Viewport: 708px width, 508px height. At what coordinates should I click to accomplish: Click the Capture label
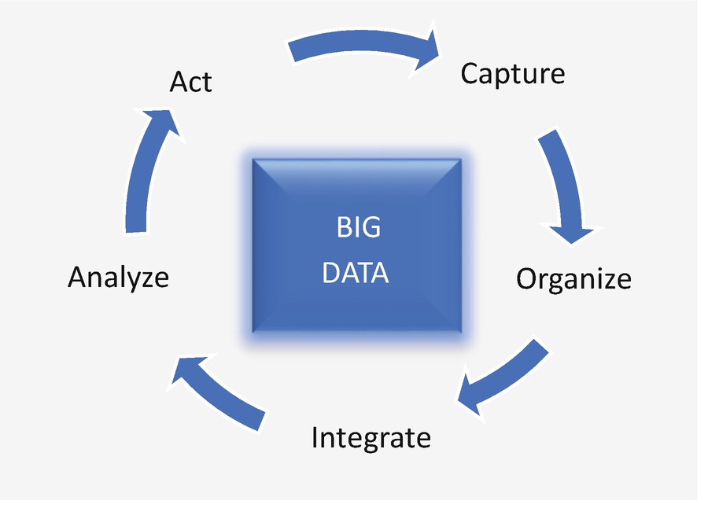coord(512,74)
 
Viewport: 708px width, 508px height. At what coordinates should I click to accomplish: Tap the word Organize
coord(573,279)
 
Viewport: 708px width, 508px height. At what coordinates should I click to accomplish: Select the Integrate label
coord(371,437)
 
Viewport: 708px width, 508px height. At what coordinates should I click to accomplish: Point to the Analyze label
coord(119,277)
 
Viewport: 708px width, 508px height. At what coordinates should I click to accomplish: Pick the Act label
coord(190,82)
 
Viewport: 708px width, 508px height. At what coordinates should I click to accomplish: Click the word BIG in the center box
coord(358,228)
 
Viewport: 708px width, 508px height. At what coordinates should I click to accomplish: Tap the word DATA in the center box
coord(356,273)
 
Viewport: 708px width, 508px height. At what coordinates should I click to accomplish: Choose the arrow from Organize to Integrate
coord(503,377)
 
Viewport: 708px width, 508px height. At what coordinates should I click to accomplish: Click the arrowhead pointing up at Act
coord(161,122)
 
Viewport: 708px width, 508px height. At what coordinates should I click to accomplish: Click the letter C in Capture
coord(470,74)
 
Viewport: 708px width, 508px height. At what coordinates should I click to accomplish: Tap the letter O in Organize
coord(528,279)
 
